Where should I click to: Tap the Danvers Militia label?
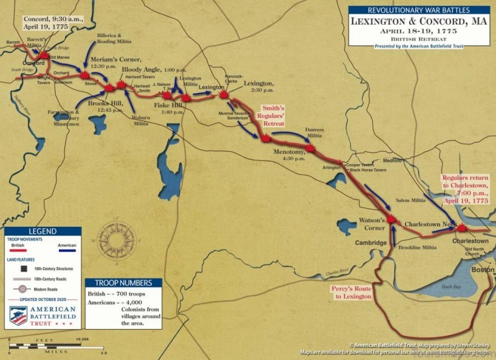pos(314,133)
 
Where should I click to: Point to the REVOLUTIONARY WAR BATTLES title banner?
pos(419,11)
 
